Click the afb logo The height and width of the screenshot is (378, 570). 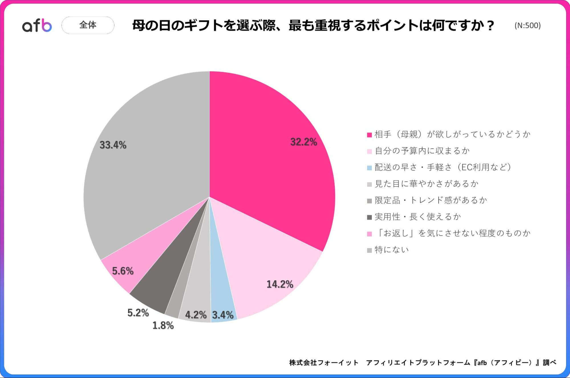click(37, 26)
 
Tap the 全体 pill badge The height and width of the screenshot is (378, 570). click(88, 25)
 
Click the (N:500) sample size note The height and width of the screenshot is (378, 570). click(528, 26)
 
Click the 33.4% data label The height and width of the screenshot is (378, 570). click(113, 145)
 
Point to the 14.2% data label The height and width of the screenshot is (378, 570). click(280, 284)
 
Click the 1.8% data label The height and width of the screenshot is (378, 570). click(163, 325)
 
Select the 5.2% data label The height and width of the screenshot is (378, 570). click(138, 313)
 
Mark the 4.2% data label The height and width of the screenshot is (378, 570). click(196, 315)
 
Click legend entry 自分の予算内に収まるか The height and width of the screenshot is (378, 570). click(422, 151)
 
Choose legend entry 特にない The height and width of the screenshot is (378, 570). click(392, 250)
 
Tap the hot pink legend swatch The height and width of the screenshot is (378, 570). click(369, 135)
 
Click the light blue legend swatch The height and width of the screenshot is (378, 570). click(369, 168)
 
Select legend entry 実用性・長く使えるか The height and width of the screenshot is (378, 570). click(418, 217)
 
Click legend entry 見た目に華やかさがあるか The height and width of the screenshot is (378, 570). click(426, 184)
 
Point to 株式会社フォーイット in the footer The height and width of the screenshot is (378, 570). click(324, 362)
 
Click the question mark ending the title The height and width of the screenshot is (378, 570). click(490, 26)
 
